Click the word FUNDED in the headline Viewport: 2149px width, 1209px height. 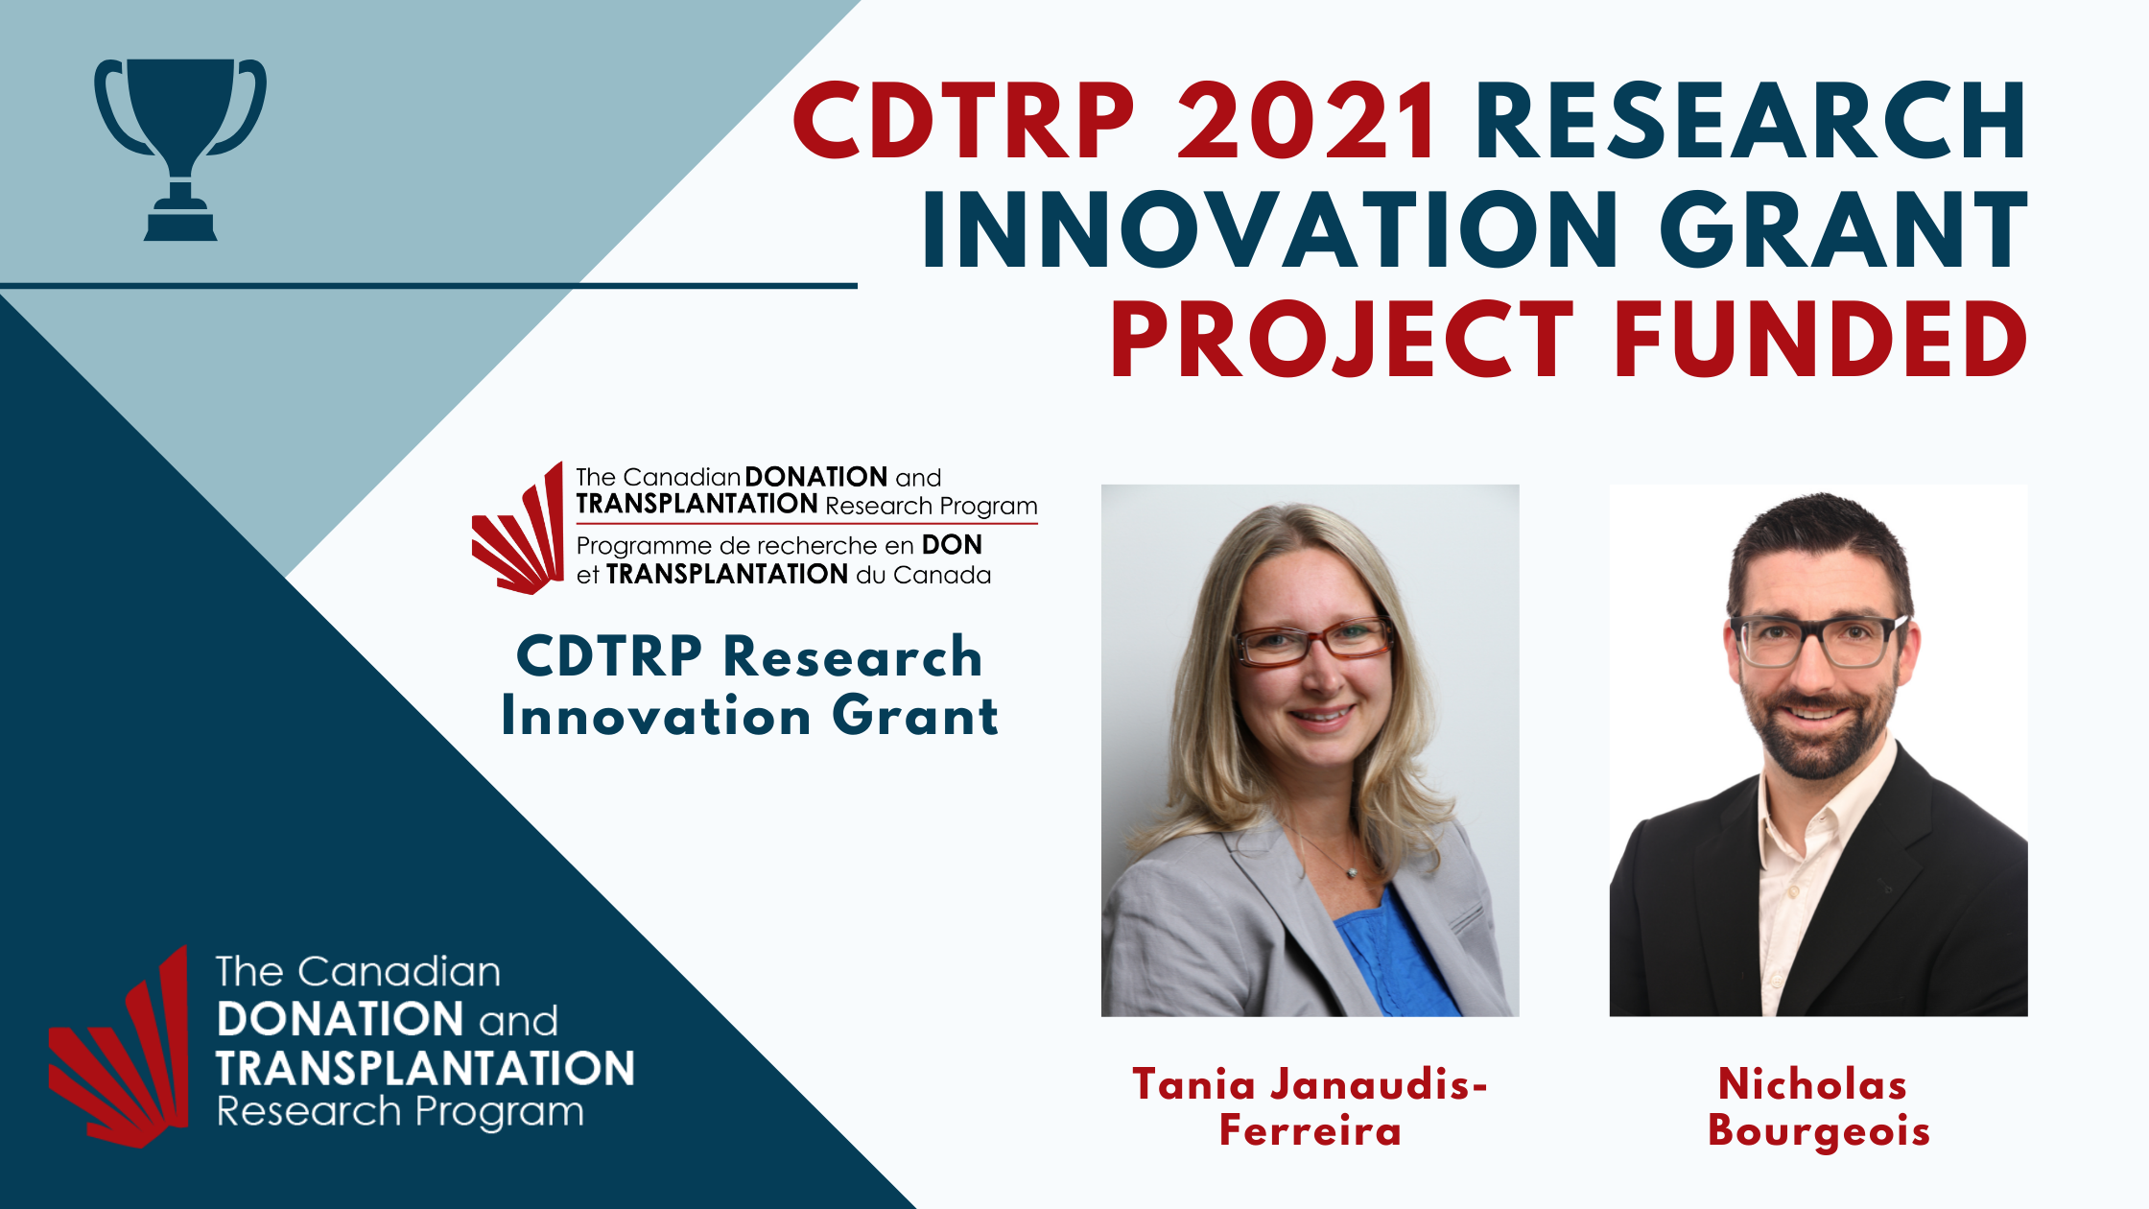(1821, 340)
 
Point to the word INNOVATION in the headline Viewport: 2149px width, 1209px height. (1271, 230)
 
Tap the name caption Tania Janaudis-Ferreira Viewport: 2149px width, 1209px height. (1311, 1107)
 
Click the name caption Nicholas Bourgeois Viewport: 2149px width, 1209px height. (1818, 1107)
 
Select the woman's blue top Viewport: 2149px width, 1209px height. (1396, 960)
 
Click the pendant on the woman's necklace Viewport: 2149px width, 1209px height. (1353, 872)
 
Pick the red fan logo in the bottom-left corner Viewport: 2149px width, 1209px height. (119, 1046)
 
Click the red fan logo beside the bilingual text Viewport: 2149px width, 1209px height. (517, 529)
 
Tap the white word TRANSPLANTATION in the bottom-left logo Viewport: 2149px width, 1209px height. (425, 1068)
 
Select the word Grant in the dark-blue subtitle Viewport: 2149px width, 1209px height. (914, 716)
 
